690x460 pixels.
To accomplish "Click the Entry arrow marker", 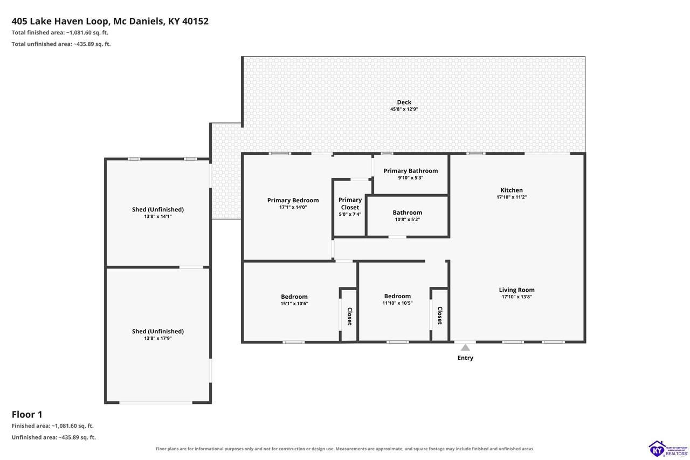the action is [x=465, y=347].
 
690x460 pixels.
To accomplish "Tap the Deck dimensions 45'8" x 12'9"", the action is [x=404, y=109].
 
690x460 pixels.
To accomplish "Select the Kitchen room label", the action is [x=512, y=190].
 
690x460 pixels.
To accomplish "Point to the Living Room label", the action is [x=516, y=290].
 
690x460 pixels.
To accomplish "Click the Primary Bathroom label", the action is [x=411, y=171].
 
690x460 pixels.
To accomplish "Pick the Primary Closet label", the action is [x=350, y=204].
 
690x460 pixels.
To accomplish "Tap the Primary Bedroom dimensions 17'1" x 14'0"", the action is [x=293, y=208].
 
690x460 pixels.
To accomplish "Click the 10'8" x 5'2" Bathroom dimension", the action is [x=407, y=219].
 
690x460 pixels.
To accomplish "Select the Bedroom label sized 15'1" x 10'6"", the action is [x=294, y=297].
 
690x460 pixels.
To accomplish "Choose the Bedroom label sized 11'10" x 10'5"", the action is [x=397, y=296].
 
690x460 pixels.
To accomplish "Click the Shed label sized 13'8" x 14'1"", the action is [x=158, y=210].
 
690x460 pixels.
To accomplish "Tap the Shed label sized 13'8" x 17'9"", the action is [x=158, y=331].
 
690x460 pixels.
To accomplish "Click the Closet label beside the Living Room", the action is [x=440, y=315].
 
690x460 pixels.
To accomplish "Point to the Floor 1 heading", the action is [x=27, y=414].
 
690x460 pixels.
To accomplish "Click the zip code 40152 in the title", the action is [x=195, y=21].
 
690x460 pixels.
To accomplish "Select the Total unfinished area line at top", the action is [x=61, y=44].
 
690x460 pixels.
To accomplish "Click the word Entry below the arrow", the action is [x=465, y=358].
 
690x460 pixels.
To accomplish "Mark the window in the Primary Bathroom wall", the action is [x=387, y=154].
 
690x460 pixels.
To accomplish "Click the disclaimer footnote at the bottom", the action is [x=345, y=449].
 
